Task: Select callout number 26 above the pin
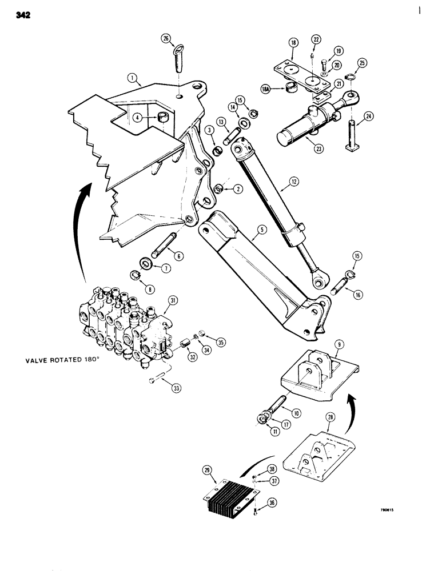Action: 165,39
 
